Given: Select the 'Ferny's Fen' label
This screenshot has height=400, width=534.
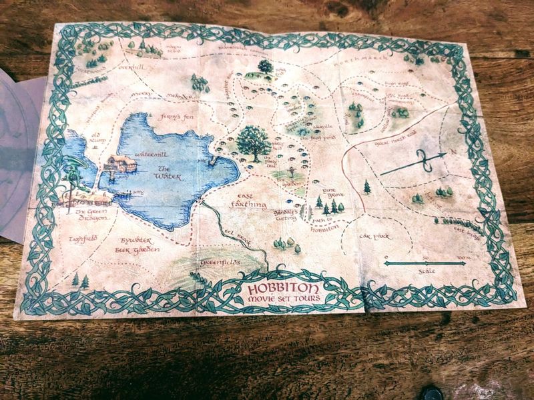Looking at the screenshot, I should pos(176,117).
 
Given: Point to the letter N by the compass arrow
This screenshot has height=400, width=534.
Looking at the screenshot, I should pos(454,152).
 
